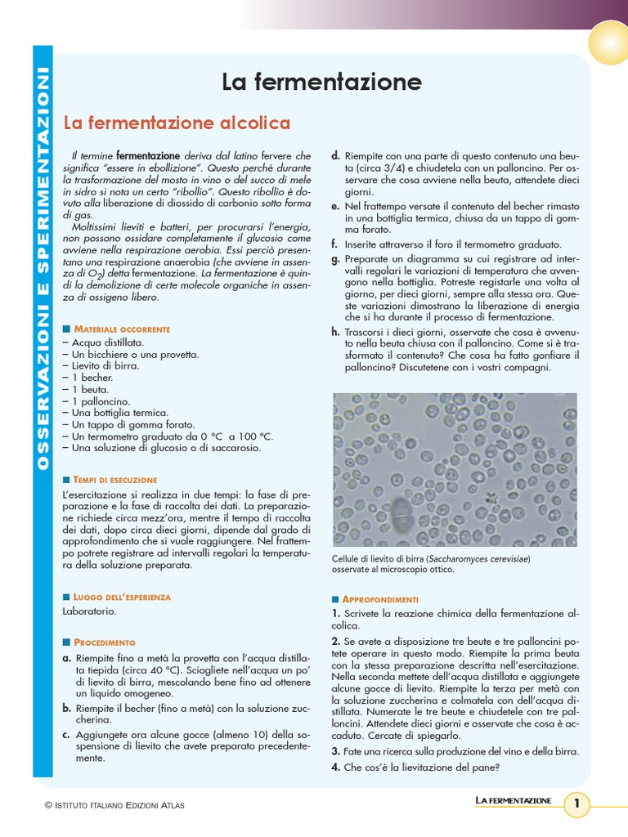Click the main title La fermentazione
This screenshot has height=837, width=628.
[x=321, y=82]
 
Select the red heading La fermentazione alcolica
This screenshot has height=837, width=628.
[x=177, y=123]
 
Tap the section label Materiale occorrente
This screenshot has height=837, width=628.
[x=122, y=329]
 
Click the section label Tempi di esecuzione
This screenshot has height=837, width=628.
[x=115, y=480]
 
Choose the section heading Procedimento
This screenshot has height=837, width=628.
[x=105, y=642]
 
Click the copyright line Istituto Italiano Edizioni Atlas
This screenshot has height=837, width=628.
[x=114, y=806]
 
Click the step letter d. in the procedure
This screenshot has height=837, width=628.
[x=335, y=155]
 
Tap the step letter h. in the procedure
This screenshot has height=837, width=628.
[x=335, y=332]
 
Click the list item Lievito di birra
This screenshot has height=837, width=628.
[x=101, y=366]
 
